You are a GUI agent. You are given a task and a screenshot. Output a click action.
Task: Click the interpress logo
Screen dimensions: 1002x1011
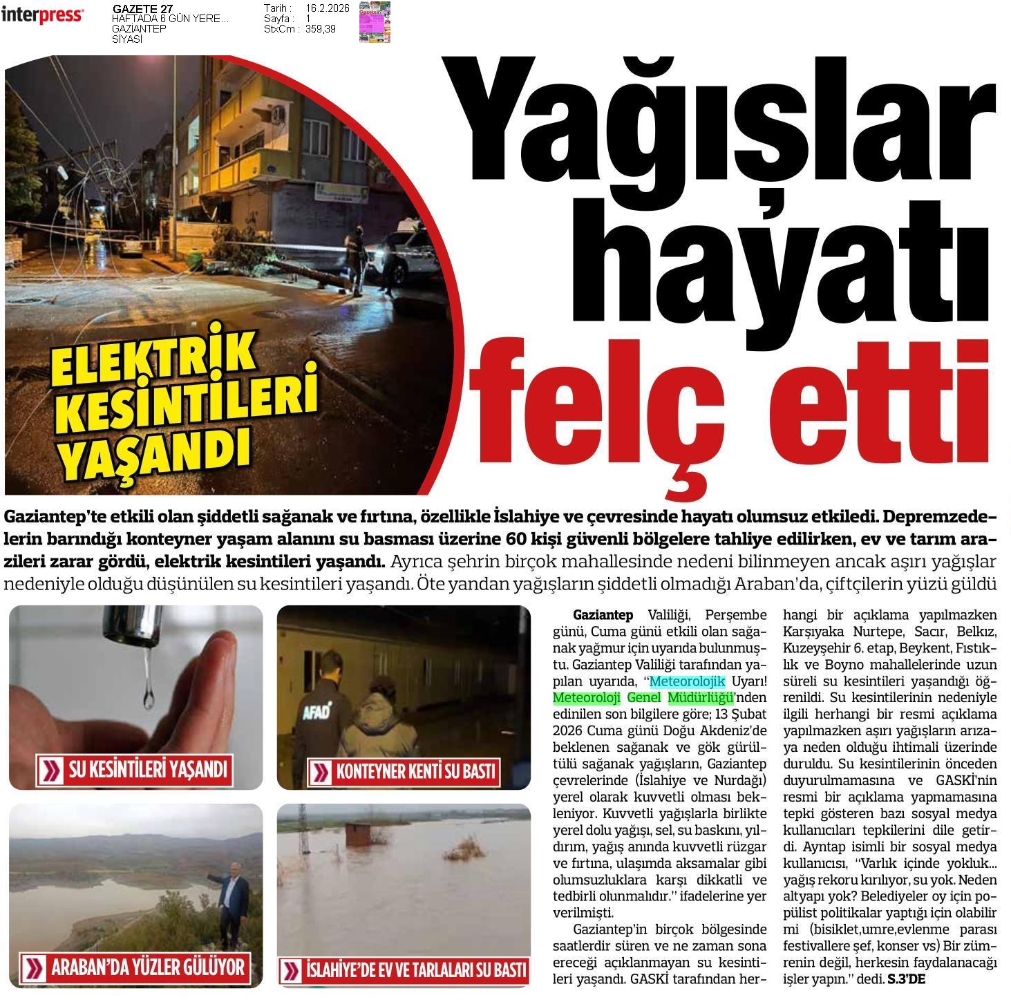tap(43, 15)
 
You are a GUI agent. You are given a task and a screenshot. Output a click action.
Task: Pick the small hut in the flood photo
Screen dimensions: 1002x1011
tap(358, 835)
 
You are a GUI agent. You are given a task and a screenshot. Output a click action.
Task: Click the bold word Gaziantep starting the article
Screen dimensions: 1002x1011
tap(603, 615)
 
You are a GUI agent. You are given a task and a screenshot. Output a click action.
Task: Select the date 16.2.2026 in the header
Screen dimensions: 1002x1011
tap(328, 8)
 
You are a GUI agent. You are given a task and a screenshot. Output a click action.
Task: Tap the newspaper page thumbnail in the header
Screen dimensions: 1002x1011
tap(375, 21)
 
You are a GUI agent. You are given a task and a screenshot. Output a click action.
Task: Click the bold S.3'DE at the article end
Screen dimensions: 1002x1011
tap(906, 979)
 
